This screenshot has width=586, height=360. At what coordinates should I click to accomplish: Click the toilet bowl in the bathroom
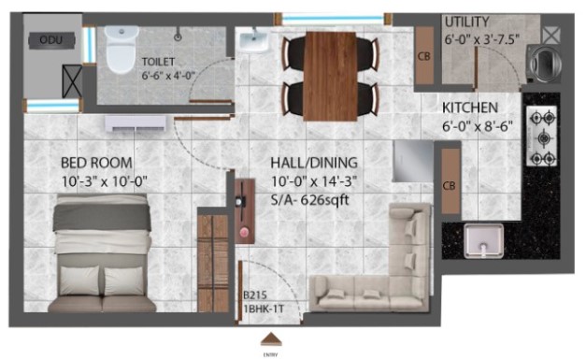pyautogui.click(x=121, y=49)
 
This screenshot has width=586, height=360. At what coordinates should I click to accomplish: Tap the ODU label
pyautogui.click(x=51, y=39)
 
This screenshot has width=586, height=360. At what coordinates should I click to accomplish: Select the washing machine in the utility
pyautogui.click(x=543, y=64)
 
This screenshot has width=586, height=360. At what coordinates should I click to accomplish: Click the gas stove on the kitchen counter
pyautogui.click(x=542, y=137)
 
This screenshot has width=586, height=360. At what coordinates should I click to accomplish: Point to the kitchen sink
pyautogui.click(x=483, y=241)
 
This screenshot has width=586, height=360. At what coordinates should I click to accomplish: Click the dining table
pyautogui.click(x=330, y=77)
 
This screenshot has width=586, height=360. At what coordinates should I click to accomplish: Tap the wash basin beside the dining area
pyautogui.click(x=253, y=41)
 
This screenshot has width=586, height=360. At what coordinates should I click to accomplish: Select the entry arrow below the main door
pyautogui.click(x=271, y=339)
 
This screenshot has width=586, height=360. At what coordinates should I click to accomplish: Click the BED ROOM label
pyautogui.click(x=96, y=163)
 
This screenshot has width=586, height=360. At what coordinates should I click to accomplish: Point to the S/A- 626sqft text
pyautogui.click(x=309, y=200)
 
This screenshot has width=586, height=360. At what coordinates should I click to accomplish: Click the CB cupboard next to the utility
pyautogui.click(x=424, y=55)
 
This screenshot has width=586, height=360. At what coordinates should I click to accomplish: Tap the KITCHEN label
pyautogui.click(x=470, y=108)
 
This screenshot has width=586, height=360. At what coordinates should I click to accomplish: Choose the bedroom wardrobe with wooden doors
pyautogui.click(x=213, y=263)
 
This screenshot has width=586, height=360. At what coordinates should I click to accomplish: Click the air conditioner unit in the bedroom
pyautogui.click(x=136, y=123)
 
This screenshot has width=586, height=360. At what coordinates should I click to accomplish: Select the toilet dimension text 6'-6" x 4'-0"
pyautogui.click(x=168, y=76)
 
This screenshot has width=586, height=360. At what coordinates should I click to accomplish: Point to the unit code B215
pyautogui.click(x=255, y=295)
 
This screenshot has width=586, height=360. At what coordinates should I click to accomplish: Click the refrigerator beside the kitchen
pyautogui.click(x=412, y=161)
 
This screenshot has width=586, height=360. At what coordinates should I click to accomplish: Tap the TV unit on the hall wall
pyautogui.click(x=245, y=211)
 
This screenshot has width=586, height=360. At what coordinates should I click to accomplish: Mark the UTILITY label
pyautogui.click(x=466, y=22)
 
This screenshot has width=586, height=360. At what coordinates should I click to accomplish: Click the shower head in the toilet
pyautogui.click(x=179, y=36)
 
